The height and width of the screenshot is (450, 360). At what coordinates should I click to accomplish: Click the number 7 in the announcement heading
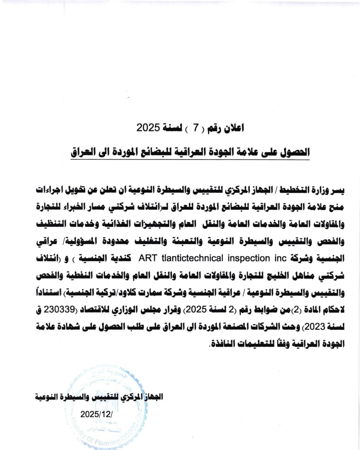(195, 128)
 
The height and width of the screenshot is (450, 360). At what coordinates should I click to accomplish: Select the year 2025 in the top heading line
(148, 128)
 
